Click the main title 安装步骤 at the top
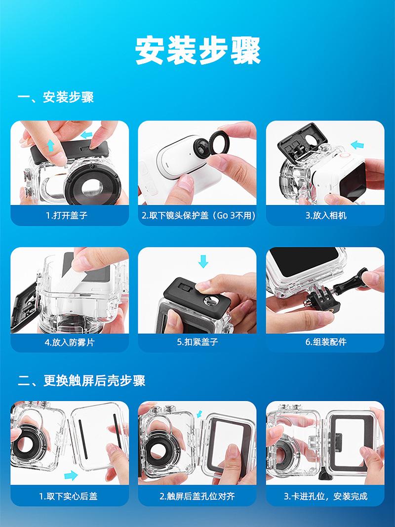(198, 50)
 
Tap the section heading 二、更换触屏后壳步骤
(81, 380)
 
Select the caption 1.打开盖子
(67, 215)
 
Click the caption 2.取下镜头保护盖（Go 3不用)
(198, 215)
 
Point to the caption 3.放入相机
(326, 215)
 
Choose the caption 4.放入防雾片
(70, 342)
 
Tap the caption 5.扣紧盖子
(197, 342)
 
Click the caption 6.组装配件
(326, 342)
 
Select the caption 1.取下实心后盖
(68, 496)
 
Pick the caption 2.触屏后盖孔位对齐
(197, 496)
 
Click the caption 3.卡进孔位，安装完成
(326, 496)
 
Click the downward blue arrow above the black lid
(203, 261)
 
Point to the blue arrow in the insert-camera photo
(357, 145)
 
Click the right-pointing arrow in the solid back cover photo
(71, 475)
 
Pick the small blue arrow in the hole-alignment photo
(200, 413)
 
